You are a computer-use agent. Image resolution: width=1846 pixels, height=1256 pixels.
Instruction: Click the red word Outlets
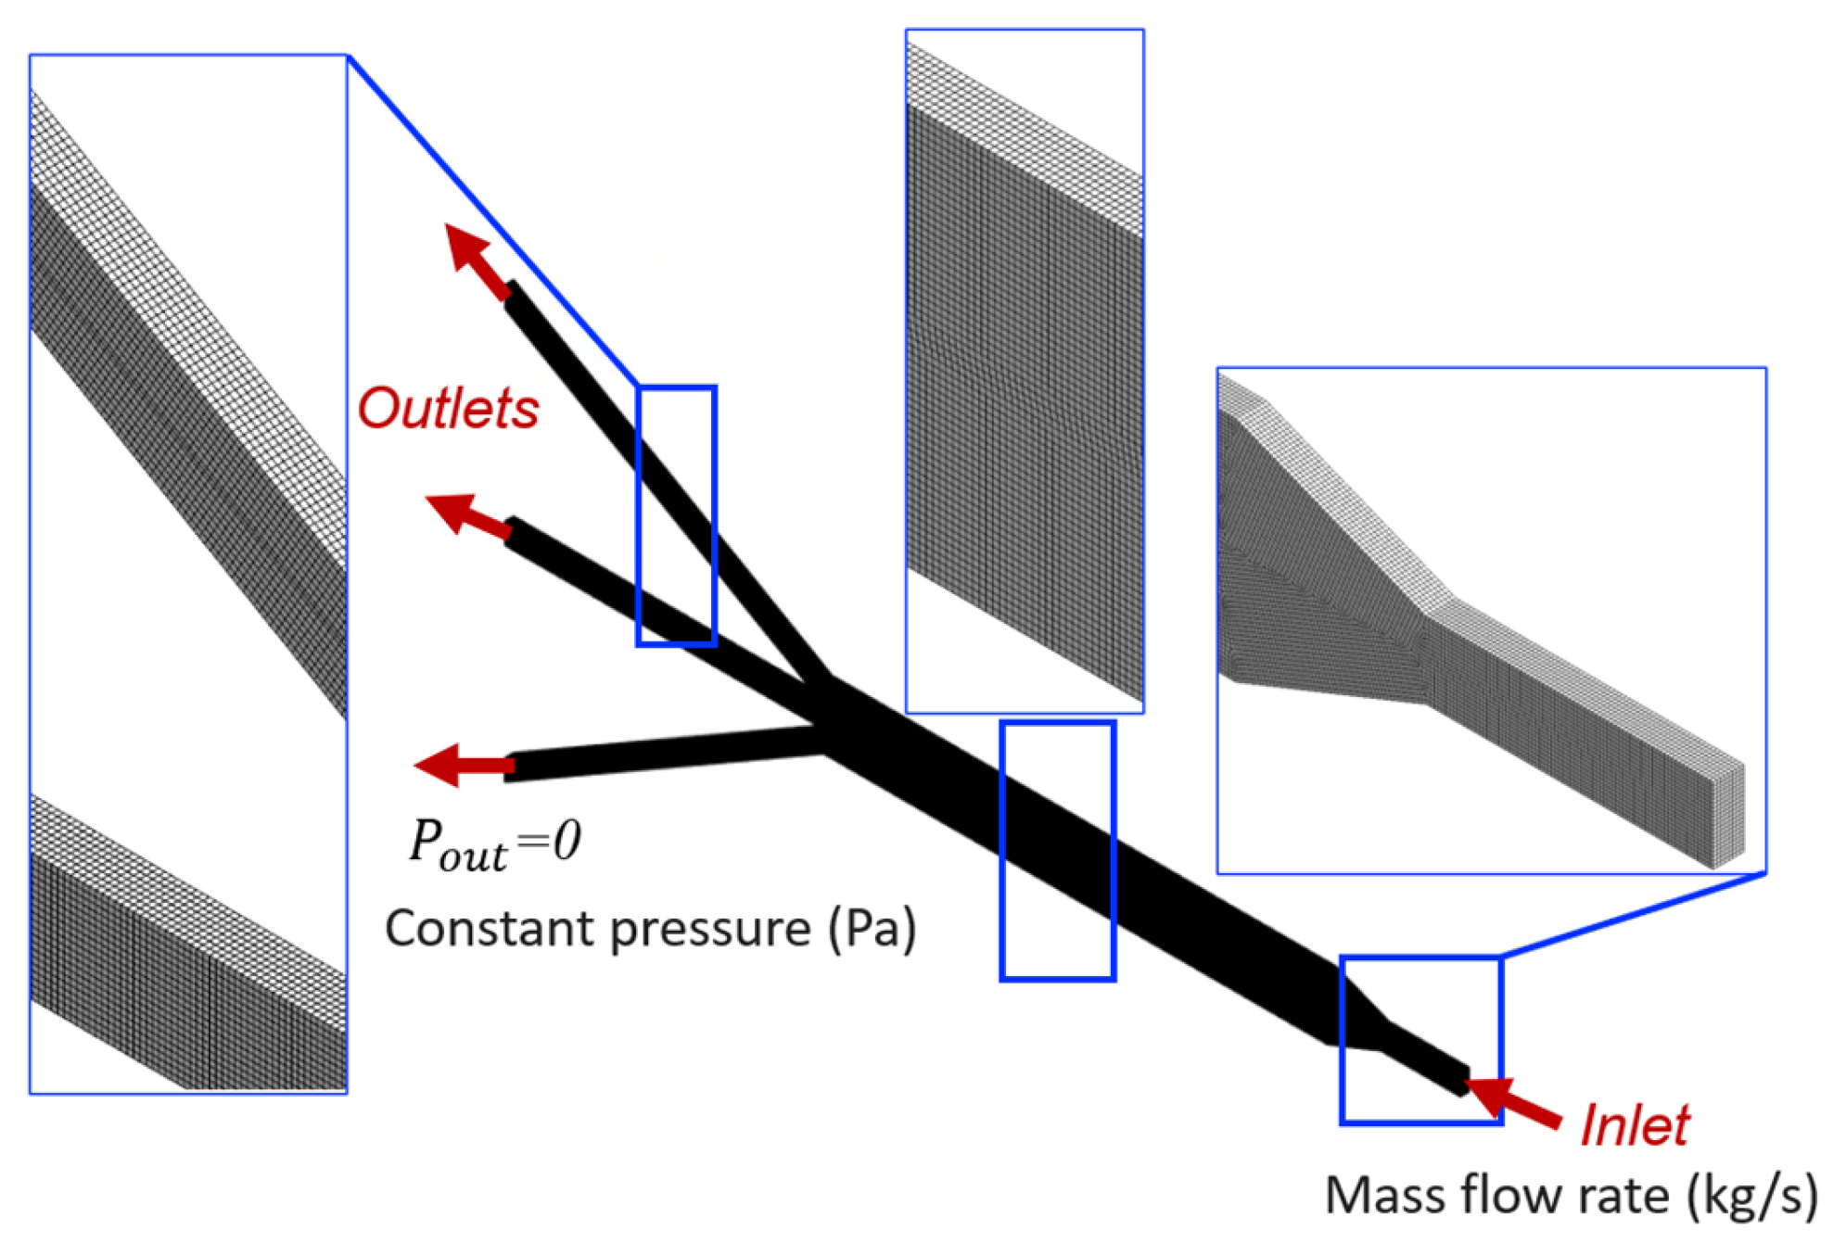[x=447, y=409]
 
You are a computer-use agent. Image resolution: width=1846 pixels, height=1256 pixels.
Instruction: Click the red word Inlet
[x=1634, y=1125]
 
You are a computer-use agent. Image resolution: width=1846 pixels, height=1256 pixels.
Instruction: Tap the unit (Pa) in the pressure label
[x=872, y=928]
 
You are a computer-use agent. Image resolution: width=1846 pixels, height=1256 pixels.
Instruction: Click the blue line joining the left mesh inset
[x=491, y=219]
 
